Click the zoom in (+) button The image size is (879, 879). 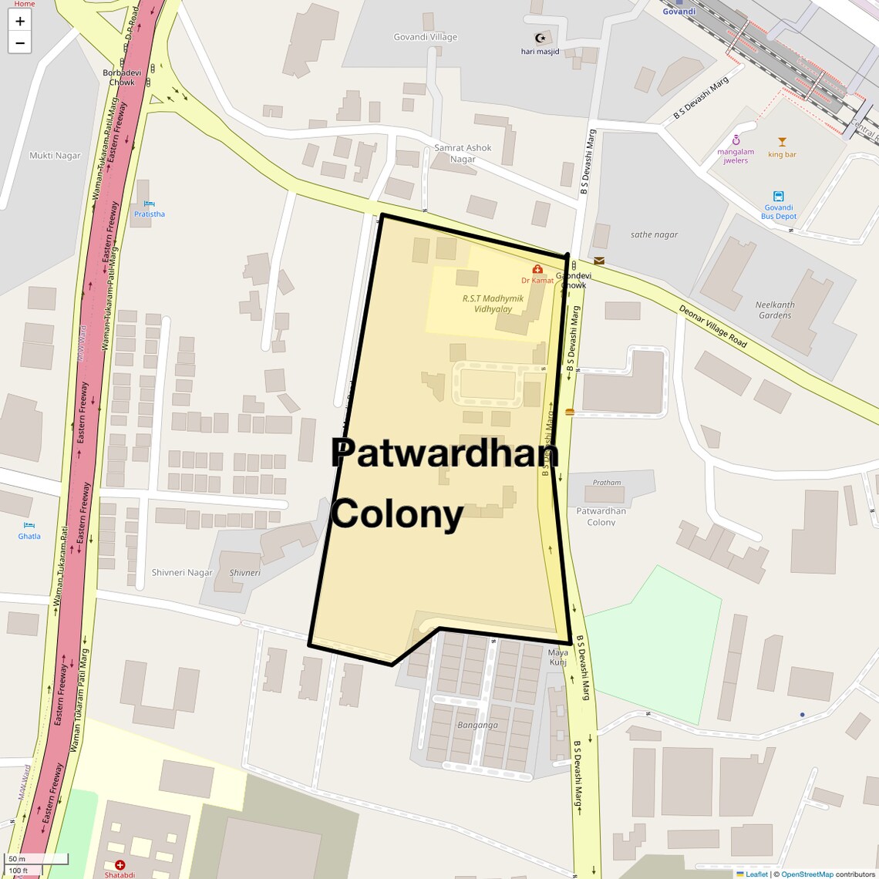(x=20, y=21)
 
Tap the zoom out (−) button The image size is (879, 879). (x=20, y=43)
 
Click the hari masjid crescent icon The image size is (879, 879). (x=540, y=38)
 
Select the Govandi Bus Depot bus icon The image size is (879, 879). (x=778, y=196)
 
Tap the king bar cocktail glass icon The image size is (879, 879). (x=782, y=142)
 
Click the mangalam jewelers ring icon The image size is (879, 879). (x=736, y=140)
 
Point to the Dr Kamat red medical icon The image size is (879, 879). (x=537, y=270)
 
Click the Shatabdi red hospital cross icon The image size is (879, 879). (x=120, y=865)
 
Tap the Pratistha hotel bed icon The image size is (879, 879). (x=149, y=204)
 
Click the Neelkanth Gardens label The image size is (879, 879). (x=775, y=310)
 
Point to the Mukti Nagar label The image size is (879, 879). (x=55, y=156)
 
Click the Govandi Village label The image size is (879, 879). (x=425, y=37)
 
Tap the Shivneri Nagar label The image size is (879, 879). (x=182, y=573)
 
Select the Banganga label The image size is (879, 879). (x=477, y=725)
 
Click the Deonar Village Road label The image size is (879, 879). (x=713, y=325)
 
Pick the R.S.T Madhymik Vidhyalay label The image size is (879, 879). (x=493, y=303)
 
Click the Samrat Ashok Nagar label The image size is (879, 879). (x=463, y=153)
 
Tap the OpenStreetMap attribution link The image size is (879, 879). (x=807, y=874)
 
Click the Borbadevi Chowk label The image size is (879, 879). (x=122, y=77)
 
